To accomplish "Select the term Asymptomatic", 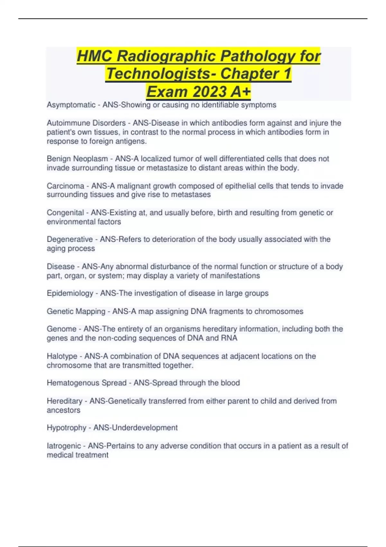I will coord(71,105).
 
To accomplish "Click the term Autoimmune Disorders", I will coord(86,123).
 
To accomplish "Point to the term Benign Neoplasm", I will coord(77,159).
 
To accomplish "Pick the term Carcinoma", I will coord(66,186).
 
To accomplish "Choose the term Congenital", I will coord(65,213).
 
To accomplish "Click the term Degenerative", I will coord(70,239).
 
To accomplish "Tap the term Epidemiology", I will coord(70,293).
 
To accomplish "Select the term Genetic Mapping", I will coord(76,311).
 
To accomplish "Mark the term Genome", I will coord(61,329).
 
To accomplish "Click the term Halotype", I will coord(62,356).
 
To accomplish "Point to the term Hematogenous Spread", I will coord(87,383).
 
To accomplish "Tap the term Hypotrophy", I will coord(67,428).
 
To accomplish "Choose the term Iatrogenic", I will coord(64,446).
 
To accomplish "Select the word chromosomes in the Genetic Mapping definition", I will coord(279,311).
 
